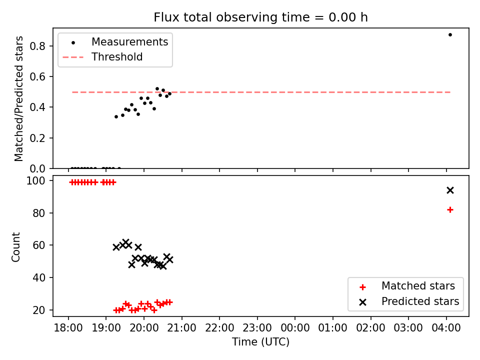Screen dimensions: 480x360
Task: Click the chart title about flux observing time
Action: click(x=260, y=17)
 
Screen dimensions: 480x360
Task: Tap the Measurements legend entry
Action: click(x=119, y=42)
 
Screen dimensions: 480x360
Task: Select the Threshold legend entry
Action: click(x=102, y=57)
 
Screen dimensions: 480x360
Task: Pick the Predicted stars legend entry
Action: click(x=409, y=301)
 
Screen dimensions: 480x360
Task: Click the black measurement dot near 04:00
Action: click(x=450, y=35)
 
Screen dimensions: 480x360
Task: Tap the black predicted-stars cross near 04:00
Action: click(x=450, y=190)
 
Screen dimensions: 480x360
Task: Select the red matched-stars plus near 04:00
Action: click(x=450, y=209)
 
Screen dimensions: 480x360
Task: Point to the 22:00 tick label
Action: click(x=219, y=328)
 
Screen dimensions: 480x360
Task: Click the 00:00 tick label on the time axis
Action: click(x=295, y=328)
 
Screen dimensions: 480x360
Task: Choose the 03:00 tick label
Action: click(x=408, y=328)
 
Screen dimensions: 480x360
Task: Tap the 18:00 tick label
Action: click(x=68, y=328)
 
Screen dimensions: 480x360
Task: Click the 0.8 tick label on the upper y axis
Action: click(x=37, y=46)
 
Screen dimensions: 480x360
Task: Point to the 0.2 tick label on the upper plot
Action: click(x=37, y=138)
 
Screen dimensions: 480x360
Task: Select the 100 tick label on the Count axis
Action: click(x=36, y=181)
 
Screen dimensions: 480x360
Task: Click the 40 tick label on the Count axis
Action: click(x=39, y=277)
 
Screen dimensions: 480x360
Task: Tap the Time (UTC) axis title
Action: click(x=260, y=342)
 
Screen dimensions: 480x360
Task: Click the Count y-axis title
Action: click(x=15, y=247)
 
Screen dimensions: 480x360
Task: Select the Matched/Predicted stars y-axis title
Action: click(x=18, y=98)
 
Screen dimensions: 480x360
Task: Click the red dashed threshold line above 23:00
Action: click(x=257, y=92)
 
